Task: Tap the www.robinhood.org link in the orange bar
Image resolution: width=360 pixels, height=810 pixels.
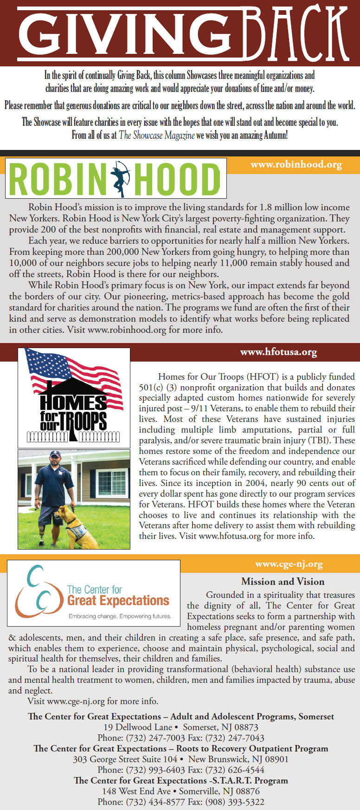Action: [296, 164]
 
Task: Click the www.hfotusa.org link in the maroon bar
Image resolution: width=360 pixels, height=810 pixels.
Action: [278, 352]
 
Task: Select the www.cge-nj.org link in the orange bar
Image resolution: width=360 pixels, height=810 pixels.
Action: [289, 564]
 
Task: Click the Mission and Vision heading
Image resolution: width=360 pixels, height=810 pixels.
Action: [283, 582]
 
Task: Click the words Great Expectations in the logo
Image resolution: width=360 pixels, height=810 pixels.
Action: [118, 601]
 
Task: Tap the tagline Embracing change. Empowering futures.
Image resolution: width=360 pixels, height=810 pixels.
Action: [120, 616]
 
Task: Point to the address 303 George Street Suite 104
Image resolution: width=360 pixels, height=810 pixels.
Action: [125, 759]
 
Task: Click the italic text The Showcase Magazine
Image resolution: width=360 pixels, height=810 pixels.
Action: [156, 136]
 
